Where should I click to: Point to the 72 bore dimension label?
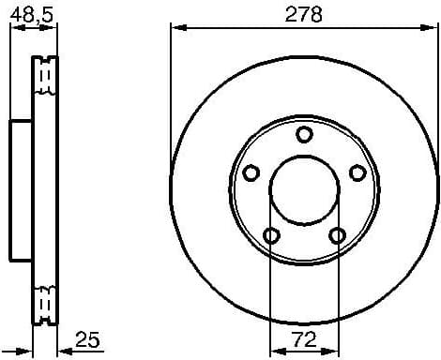303,336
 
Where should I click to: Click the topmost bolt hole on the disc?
303,135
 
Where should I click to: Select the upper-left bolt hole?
251,172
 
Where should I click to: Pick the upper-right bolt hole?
357,172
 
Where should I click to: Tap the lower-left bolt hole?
271,234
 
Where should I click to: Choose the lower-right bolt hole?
336,234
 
